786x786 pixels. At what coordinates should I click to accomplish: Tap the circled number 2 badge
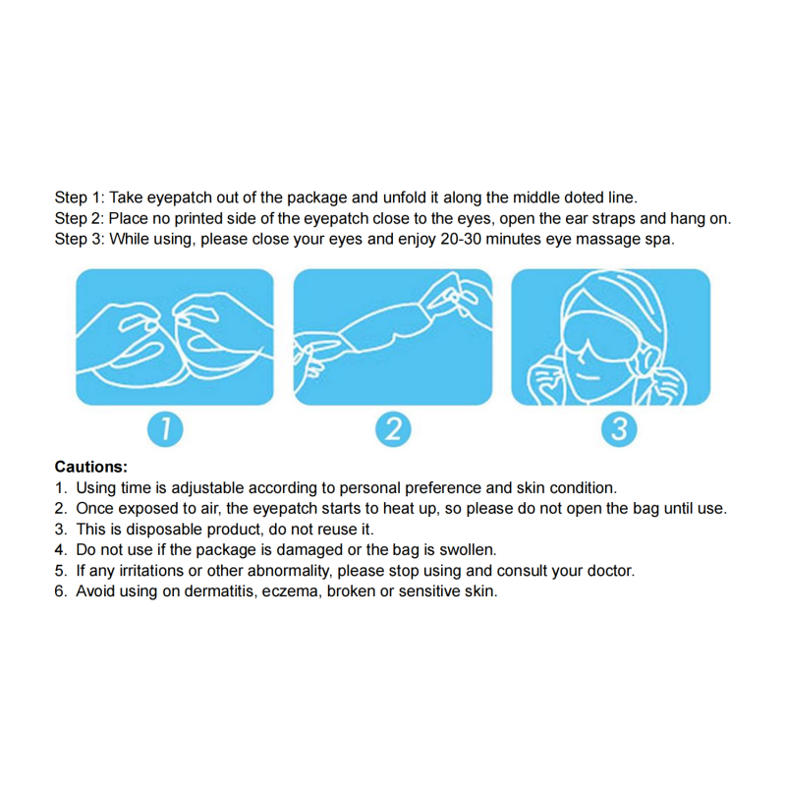[x=393, y=429]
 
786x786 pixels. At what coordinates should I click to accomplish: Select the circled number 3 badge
[x=618, y=429]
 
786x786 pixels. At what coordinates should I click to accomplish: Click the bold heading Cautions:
[x=91, y=467]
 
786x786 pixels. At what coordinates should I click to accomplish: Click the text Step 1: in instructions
[x=80, y=197]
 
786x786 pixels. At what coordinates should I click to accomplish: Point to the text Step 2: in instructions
[x=80, y=218]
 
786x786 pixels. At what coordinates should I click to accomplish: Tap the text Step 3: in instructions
[x=80, y=239]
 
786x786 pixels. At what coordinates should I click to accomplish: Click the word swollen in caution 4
[x=470, y=550]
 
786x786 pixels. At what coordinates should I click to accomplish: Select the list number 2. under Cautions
[x=61, y=508]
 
